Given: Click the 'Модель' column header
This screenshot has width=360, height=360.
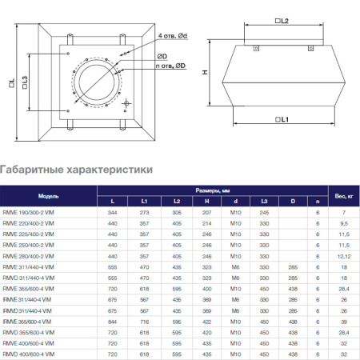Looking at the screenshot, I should (x=47, y=195).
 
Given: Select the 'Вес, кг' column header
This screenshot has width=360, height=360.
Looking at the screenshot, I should (x=342, y=195).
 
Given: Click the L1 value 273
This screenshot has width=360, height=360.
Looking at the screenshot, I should (x=144, y=212).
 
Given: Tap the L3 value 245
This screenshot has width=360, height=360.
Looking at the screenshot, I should (x=264, y=212).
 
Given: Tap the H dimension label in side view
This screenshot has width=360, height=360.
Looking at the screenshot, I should (x=204, y=72).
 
